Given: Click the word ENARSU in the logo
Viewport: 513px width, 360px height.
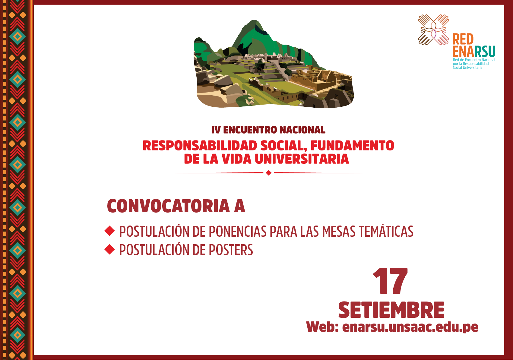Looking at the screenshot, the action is click(x=474, y=52).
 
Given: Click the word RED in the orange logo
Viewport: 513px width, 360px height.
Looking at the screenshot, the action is click(x=463, y=39).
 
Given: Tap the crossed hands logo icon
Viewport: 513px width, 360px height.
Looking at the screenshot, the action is click(x=433, y=30).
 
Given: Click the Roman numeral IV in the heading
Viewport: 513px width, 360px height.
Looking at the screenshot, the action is click(x=216, y=130).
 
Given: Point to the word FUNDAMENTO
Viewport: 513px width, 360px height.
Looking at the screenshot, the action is click(x=352, y=146).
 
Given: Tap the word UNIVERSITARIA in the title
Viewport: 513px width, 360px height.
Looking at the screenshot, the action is click(x=302, y=159).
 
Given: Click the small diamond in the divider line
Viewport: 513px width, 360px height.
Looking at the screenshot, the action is click(x=269, y=173).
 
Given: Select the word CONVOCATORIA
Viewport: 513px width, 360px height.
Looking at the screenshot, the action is click(x=168, y=206).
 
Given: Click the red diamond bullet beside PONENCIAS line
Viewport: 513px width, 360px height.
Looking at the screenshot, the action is click(x=109, y=231).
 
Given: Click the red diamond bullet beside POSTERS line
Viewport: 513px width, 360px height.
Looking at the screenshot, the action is click(x=109, y=249).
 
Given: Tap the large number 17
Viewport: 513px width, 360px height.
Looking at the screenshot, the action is click(x=390, y=281).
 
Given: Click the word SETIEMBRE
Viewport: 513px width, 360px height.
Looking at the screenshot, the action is click(x=391, y=310).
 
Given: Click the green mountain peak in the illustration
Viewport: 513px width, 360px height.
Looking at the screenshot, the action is click(x=254, y=34).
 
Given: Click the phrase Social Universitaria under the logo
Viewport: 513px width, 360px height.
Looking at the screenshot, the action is click(x=467, y=68).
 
